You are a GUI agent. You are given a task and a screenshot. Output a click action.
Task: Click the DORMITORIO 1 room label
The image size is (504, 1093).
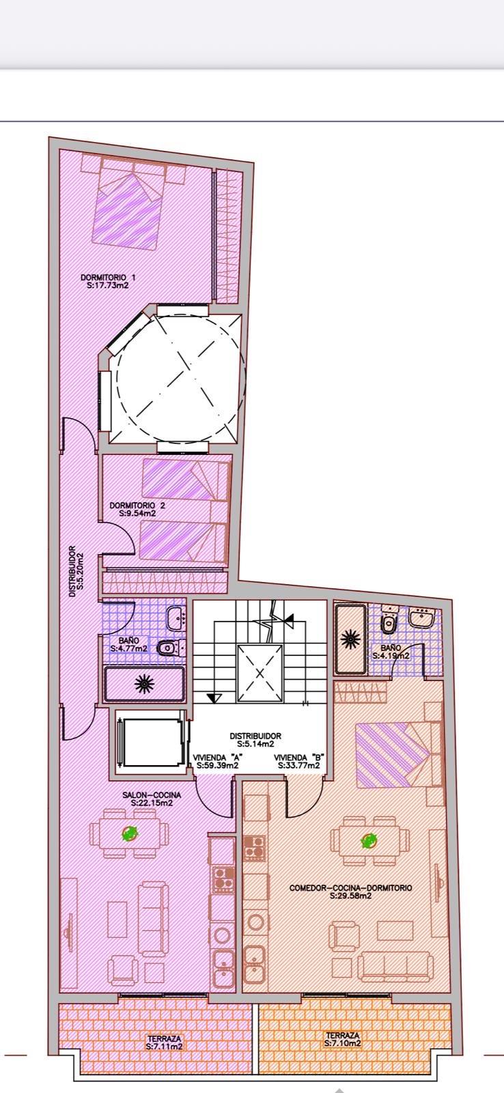109,277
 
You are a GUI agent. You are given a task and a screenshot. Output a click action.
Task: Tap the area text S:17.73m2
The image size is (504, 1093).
109,286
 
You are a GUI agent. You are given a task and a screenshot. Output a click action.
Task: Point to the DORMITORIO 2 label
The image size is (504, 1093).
137,506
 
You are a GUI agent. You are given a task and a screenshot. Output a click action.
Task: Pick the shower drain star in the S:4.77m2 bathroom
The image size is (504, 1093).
144,684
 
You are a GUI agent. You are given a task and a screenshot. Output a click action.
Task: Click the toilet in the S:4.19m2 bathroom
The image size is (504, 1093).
389,620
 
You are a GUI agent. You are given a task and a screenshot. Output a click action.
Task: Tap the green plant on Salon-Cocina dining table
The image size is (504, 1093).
129,833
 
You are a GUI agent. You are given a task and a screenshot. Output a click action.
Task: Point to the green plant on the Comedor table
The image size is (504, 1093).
369,840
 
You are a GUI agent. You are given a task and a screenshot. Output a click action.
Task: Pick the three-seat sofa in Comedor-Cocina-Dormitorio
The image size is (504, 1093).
396,965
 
